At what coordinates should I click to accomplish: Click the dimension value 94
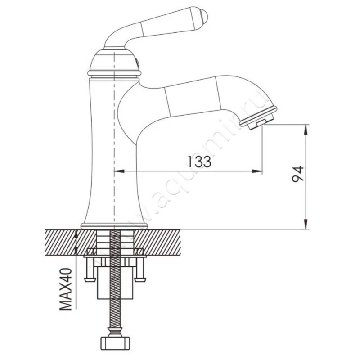point(297,174)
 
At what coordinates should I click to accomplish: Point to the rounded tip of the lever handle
point(204,15)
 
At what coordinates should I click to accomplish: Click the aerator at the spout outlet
point(258,118)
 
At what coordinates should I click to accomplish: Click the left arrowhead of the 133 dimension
point(119,171)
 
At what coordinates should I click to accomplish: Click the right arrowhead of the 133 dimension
point(257,171)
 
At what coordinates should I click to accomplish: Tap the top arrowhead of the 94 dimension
point(306,130)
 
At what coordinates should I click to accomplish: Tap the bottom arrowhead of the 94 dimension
point(306,224)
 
